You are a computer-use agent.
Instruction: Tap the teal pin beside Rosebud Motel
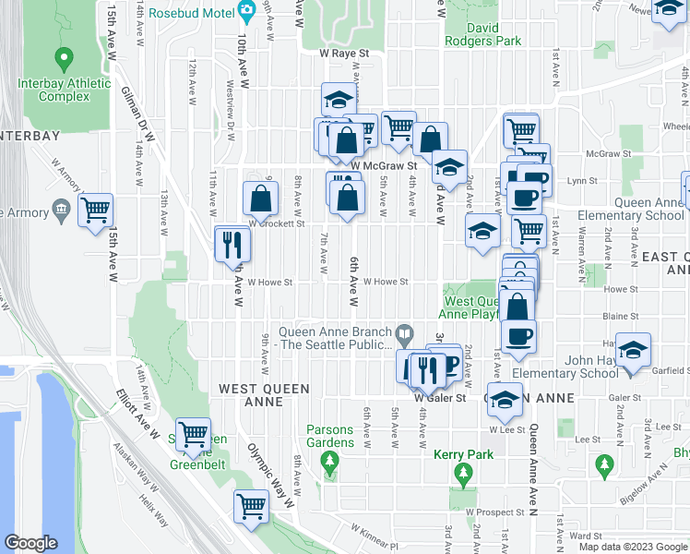coord(246,12)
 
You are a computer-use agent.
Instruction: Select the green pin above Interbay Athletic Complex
coord(64,60)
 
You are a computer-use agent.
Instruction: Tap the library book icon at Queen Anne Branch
coord(404,331)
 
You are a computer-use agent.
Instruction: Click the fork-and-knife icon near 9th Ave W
coord(232,245)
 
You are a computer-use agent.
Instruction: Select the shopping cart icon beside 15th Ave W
coord(95,211)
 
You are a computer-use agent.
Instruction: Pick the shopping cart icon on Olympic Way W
coord(251,506)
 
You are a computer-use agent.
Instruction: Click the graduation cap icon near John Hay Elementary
coord(633,351)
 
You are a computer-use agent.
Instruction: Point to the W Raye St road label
coord(344,54)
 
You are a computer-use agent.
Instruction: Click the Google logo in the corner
coord(31,543)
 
